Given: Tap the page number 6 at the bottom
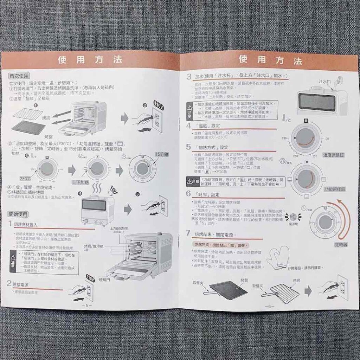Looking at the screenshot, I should pos(269,306).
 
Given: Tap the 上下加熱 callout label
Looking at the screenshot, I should pos(81,182).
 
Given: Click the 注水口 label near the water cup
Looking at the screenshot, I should pos(324,81).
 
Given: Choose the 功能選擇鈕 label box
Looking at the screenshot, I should pos(334,189).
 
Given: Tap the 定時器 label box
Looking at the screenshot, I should pos(341,244).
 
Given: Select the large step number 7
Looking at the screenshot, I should pos(188,233).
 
